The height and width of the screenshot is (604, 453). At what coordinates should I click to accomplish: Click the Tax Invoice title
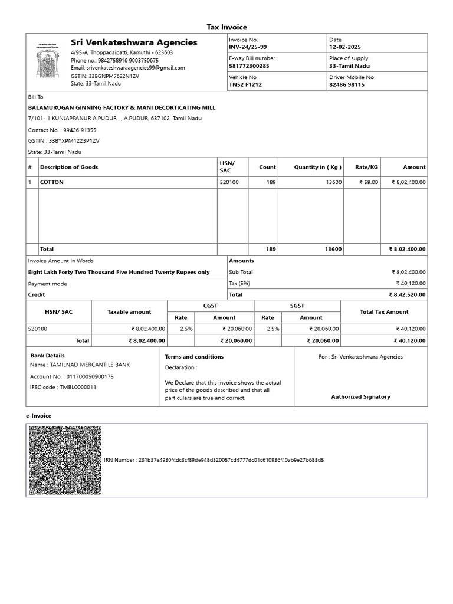pyautogui.click(x=226, y=27)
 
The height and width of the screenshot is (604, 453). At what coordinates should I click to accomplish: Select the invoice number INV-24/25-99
pyautogui.click(x=248, y=47)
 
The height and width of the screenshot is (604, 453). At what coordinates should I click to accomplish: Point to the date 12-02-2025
pyautogui.click(x=344, y=47)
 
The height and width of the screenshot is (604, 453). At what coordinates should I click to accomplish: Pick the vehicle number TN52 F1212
pyautogui.click(x=245, y=85)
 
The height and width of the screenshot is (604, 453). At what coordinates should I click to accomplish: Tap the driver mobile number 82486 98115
pyautogui.click(x=347, y=85)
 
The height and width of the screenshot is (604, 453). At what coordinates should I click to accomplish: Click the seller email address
pyautogui.click(x=128, y=68)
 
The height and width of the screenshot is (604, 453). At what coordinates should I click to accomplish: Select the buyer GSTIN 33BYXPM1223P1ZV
pyautogui.click(x=64, y=141)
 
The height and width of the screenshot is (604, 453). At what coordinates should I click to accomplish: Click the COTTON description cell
pyautogui.click(x=52, y=182)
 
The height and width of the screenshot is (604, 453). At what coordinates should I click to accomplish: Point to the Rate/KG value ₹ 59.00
pyautogui.click(x=369, y=182)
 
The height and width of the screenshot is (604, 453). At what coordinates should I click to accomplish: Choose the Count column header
pyautogui.click(x=267, y=167)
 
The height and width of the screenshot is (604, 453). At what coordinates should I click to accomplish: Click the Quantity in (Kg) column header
pyautogui.click(x=318, y=167)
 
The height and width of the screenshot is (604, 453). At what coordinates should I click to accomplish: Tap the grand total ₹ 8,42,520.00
pyautogui.click(x=406, y=294)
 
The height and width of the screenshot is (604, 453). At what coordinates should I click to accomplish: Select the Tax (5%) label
pyautogui.click(x=239, y=283)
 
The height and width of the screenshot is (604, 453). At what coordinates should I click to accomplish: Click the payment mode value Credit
pyautogui.click(x=37, y=294)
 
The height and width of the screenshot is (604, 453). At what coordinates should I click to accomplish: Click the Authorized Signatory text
pyautogui.click(x=360, y=397)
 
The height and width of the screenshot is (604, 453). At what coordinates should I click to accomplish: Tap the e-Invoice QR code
pyautogui.click(x=65, y=460)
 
